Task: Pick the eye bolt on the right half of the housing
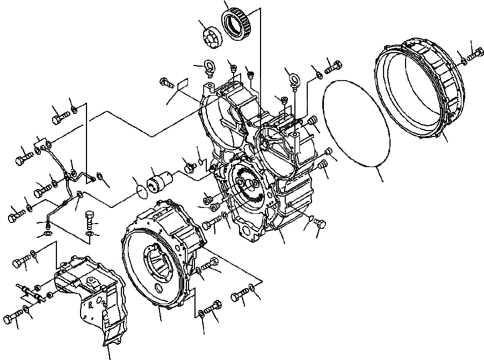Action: coord(293,81)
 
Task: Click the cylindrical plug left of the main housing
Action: coord(161,178)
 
